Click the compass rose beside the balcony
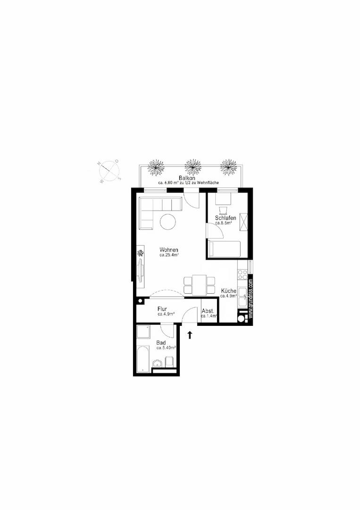point(110,171)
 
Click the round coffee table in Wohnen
point(167,221)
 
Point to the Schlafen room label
point(226,218)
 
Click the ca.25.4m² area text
point(168,255)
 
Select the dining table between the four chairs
point(200,285)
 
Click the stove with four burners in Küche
point(243,273)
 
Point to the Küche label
point(228,291)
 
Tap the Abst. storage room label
point(208,311)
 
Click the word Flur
point(162,309)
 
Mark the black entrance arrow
point(190,335)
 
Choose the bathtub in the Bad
point(142,359)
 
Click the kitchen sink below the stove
point(243,296)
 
